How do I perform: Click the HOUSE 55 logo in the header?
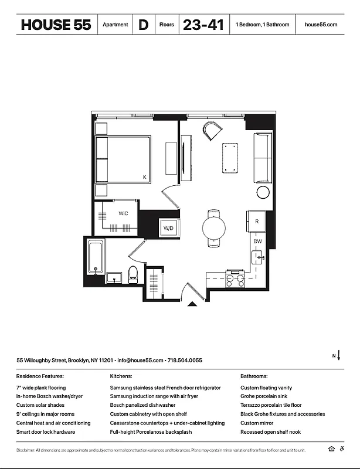pos(56,25)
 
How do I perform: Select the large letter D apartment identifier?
pos(143,25)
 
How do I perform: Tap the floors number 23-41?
pos(203,25)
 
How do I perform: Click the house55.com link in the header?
pos(321,25)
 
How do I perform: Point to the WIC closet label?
pos(123,213)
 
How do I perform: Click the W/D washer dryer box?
pos(169,227)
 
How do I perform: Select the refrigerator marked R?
pos(257,221)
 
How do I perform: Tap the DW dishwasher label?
pos(257,242)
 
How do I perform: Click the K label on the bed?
pos(144,176)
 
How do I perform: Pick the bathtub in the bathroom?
pos(95,258)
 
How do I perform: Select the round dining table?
pos(214,227)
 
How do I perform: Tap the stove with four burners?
pos(235,279)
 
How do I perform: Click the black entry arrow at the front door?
pos(191,304)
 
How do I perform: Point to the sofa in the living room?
pos(262,158)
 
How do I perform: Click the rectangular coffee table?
pos(229,157)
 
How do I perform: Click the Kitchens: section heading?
pos(121,376)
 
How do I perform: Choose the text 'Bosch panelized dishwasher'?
pos(142,405)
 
